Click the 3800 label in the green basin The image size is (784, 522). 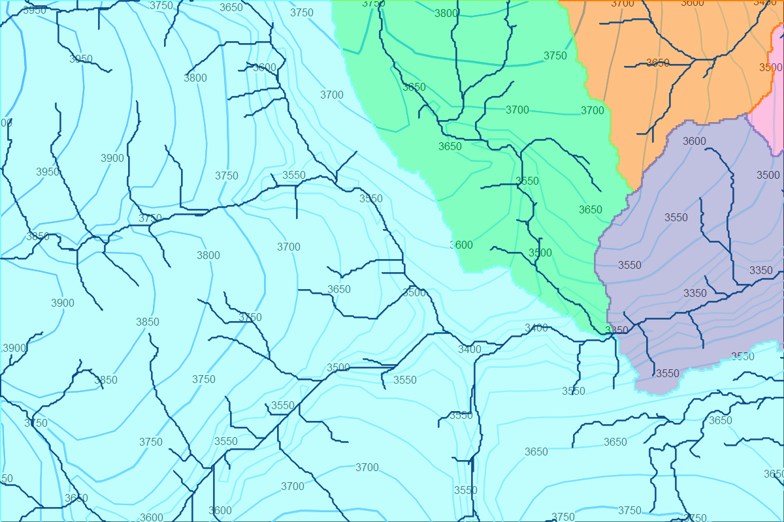coord(446,13)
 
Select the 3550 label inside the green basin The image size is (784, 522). coord(527,181)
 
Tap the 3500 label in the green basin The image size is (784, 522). coord(540,253)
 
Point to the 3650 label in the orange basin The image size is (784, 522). coord(658,63)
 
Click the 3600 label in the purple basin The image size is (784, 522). coord(694,141)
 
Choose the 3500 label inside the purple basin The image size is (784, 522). coord(768,175)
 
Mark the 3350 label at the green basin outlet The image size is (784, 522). coord(617,330)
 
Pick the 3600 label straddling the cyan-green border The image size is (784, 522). coord(461,245)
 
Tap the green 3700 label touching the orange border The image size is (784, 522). coord(593,110)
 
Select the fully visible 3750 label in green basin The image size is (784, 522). coord(555,55)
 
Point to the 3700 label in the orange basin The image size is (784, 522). coord(623,3)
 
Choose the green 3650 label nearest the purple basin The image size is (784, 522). coord(591,209)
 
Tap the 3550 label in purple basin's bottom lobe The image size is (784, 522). coord(668,373)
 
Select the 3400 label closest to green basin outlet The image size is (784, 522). coord(536,328)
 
